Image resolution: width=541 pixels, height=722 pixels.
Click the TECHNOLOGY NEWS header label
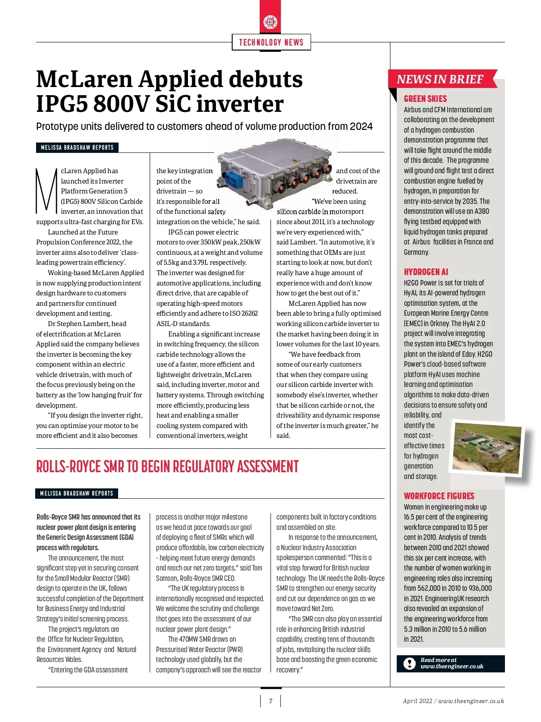[271, 42]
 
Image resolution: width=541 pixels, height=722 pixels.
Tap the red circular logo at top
[270, 22]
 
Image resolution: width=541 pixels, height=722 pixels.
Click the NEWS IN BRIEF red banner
[440, 79]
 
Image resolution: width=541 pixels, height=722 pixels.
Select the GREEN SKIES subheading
[425, 99]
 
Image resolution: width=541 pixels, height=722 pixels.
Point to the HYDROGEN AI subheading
[426, 272]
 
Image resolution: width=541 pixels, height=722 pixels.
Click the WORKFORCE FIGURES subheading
[439, 496]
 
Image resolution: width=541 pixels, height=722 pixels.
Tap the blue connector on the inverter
[233, 178]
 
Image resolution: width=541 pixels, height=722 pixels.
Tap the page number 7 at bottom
[270, 701]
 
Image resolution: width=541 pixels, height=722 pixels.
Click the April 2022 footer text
[417, 701]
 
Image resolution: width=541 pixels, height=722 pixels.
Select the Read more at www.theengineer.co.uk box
[450, 663]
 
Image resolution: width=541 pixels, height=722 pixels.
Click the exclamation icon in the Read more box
[409, 663]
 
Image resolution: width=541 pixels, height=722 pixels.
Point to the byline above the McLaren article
[77, 147]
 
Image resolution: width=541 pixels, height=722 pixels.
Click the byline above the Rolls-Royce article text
[77, 493]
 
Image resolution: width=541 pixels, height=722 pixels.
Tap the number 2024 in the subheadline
[361, 126]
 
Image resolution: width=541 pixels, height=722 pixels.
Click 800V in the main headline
[121, 104]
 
